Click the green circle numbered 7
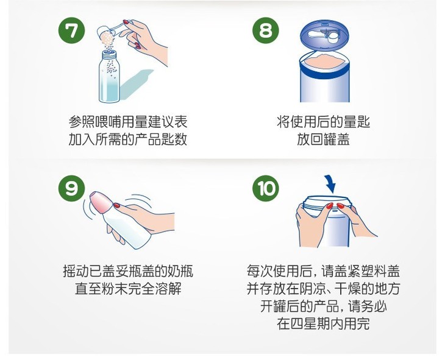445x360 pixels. click(71, 30)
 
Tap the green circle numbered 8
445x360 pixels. click(266, 30)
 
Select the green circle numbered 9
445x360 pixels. click(71, 188)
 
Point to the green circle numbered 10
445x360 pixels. click(266, 188)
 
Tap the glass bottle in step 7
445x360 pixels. click(109, 76)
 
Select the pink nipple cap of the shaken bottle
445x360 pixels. click(100, 202)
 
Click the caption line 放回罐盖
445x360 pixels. click(324, 140)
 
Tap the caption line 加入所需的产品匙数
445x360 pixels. click(128, 139)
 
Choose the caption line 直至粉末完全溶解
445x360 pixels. click(128, 289)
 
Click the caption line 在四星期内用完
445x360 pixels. click(324, 324)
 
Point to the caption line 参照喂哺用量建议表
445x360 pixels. click(128, 122)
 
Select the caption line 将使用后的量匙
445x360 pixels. click(324, 122)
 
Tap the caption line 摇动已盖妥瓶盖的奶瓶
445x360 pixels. click(128, 271)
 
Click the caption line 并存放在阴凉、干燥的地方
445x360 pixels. click(324, 289)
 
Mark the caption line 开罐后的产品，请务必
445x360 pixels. click(324, 306)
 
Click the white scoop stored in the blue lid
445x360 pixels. click(324, 35)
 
